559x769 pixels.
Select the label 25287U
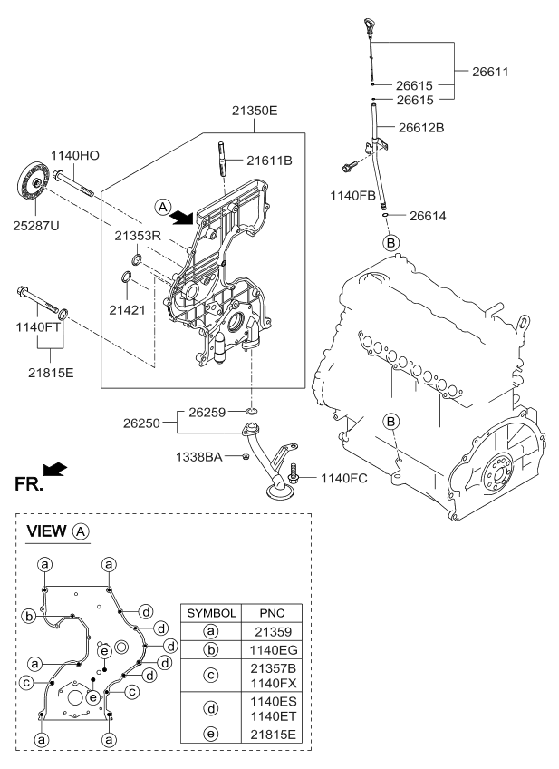click(36, 224)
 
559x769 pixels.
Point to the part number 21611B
click(269, 161)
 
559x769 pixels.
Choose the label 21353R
click(138, 235)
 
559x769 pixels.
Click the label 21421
click(128, 309)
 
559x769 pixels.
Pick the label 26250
click(143, 422)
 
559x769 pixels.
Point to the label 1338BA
click(199, 457)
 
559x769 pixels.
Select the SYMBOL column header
click(211, 612)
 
